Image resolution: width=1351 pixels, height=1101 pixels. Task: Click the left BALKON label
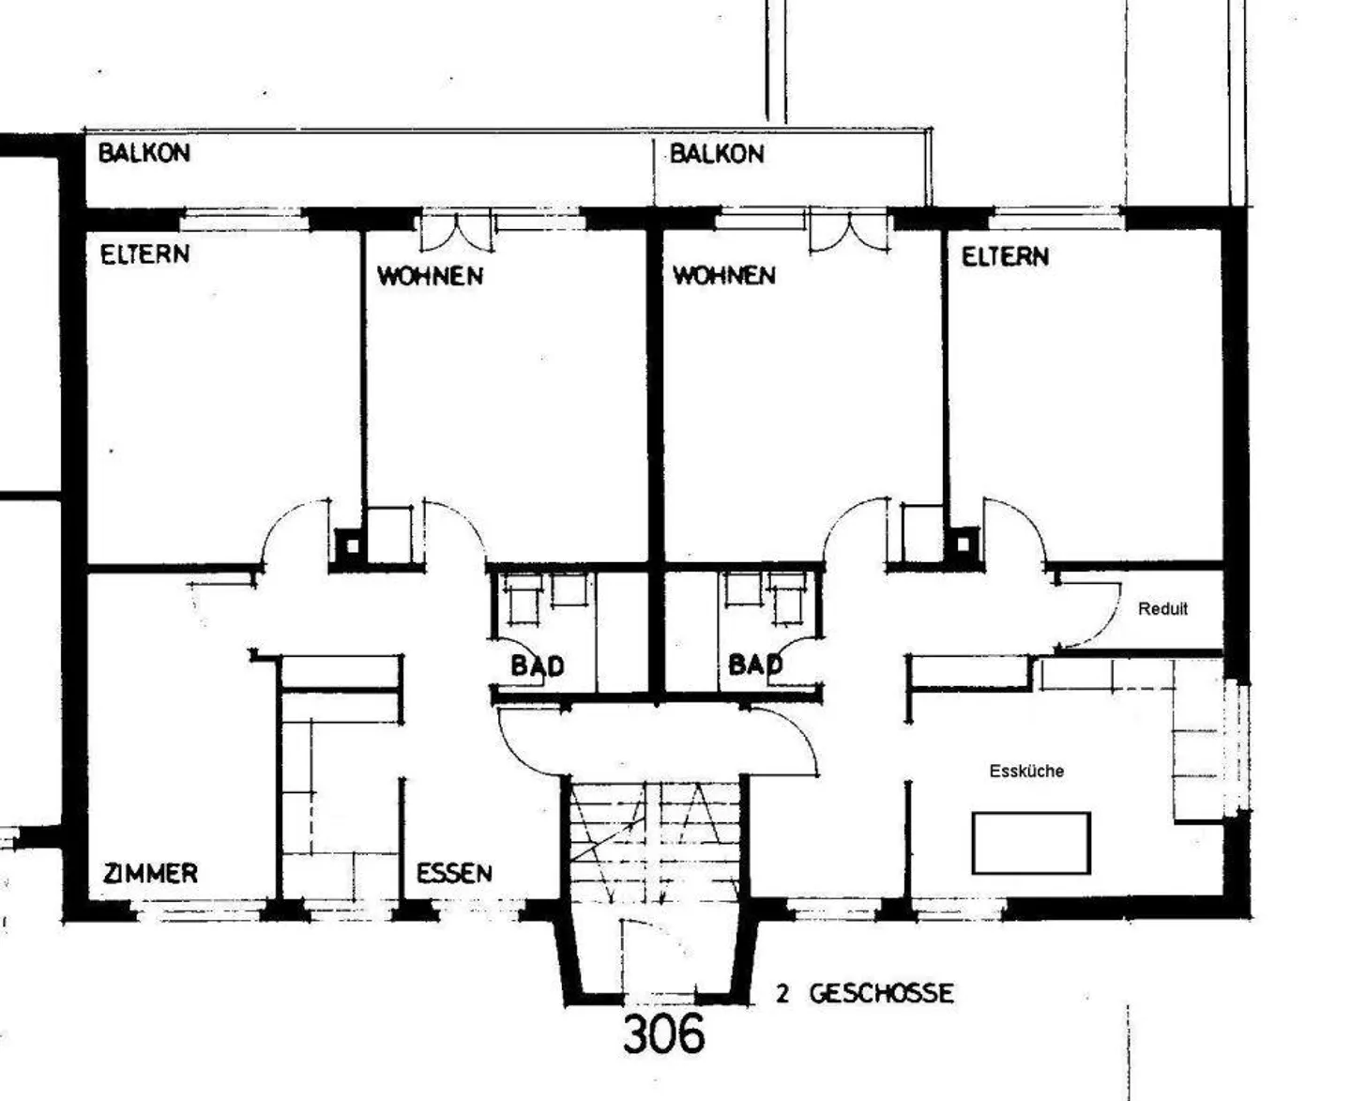tap(144, 152)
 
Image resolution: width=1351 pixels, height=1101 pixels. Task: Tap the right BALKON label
tap(717, 154)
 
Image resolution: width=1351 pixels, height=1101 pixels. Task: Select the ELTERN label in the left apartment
tap(144, 254)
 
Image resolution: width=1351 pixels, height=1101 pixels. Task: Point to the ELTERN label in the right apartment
tap(1005, 256)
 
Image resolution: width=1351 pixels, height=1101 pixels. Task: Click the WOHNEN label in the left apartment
tap(430, 276)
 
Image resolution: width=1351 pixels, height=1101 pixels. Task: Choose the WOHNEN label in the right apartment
tap(724, 276)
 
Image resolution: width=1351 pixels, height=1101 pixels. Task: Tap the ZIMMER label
tap(150, 874)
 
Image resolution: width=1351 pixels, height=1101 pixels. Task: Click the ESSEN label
tap(454, 873)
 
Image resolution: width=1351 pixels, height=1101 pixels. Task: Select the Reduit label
tap(1162, 608)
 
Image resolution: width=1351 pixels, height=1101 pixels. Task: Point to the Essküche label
tap(1026, 771)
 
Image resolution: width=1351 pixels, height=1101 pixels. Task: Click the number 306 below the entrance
tap(663, 1034)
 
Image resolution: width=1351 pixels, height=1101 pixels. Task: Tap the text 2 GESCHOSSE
tap(864, 993)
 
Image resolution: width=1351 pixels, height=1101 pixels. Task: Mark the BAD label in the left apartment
tap(538, 665)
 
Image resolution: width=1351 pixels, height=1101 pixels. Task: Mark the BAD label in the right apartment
tap(754, 665)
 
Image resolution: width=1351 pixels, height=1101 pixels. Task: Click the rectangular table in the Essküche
tap(1031, 843)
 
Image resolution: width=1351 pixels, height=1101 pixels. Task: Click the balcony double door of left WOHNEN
tap(455, 232)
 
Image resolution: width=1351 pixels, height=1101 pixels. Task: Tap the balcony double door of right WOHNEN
tap(849, 232)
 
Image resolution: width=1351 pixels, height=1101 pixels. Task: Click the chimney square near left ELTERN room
tap(349, 545)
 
